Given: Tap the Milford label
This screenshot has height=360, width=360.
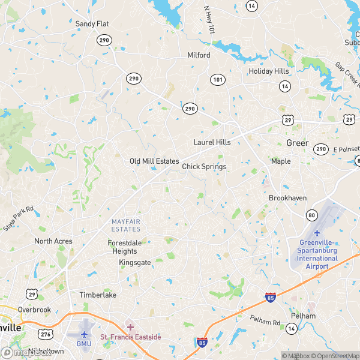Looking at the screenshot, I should (x=199, y=55).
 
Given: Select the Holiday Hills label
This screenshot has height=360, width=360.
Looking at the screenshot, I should (x=269, y=71).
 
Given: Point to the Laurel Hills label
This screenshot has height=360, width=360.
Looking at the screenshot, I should (x=212, y=142).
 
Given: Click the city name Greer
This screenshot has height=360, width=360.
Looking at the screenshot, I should (x=297, y=143).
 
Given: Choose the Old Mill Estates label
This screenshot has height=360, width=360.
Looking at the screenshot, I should (x=154, y=161).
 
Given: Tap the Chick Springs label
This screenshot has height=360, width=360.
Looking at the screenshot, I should (x=204, y=166).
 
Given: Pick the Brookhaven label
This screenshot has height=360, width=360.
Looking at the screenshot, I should (x=287, y=197).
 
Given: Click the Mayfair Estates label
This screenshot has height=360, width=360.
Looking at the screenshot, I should (x=126, y=226).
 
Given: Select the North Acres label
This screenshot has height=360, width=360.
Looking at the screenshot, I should (x=53, y=241).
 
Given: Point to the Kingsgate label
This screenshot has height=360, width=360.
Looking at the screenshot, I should (x=135, y=263).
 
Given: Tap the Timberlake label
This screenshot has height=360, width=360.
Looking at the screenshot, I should (x=97, y=295).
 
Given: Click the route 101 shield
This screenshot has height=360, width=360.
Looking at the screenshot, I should (x=217, y=80).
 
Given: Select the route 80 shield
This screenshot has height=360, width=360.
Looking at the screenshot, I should (x=311, y=215).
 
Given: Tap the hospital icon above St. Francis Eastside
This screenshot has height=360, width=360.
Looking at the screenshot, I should (x=130, y=328).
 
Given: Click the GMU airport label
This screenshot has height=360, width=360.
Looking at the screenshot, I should (x=83, y=344).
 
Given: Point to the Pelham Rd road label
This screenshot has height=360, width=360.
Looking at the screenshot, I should (x=265, y=322).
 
